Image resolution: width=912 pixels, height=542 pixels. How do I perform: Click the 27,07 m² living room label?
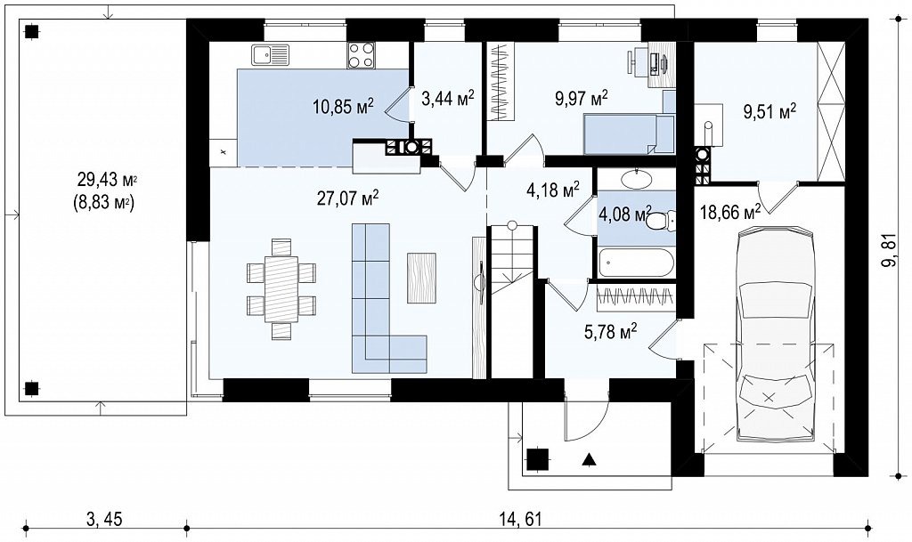pyautogui.click(x=348, y=198)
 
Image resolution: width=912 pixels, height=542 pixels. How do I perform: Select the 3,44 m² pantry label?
pyautogui.click(x=447, y=97)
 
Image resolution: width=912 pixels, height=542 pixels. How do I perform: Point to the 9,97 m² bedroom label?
pyautogui.click(x=581, y=98)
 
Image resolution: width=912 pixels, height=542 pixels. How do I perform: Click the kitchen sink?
pyautogui.click(x=270, y=55)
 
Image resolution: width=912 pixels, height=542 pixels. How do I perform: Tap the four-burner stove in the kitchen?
pyautogui.click(x=362, y=56)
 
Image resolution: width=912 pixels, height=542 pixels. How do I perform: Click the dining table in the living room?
pyautogui.click(x=281, y=288)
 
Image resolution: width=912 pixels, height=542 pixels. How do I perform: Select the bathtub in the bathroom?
pyautogui.click(x=636, y=263)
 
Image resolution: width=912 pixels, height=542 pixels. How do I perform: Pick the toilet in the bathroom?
pyautogui.click(x=661, y=221)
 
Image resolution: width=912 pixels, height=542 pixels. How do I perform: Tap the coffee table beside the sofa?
pyautogui.click(x=421, y=278)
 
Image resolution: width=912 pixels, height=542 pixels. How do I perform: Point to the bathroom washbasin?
pyautogui.click(x=636, y=180)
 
